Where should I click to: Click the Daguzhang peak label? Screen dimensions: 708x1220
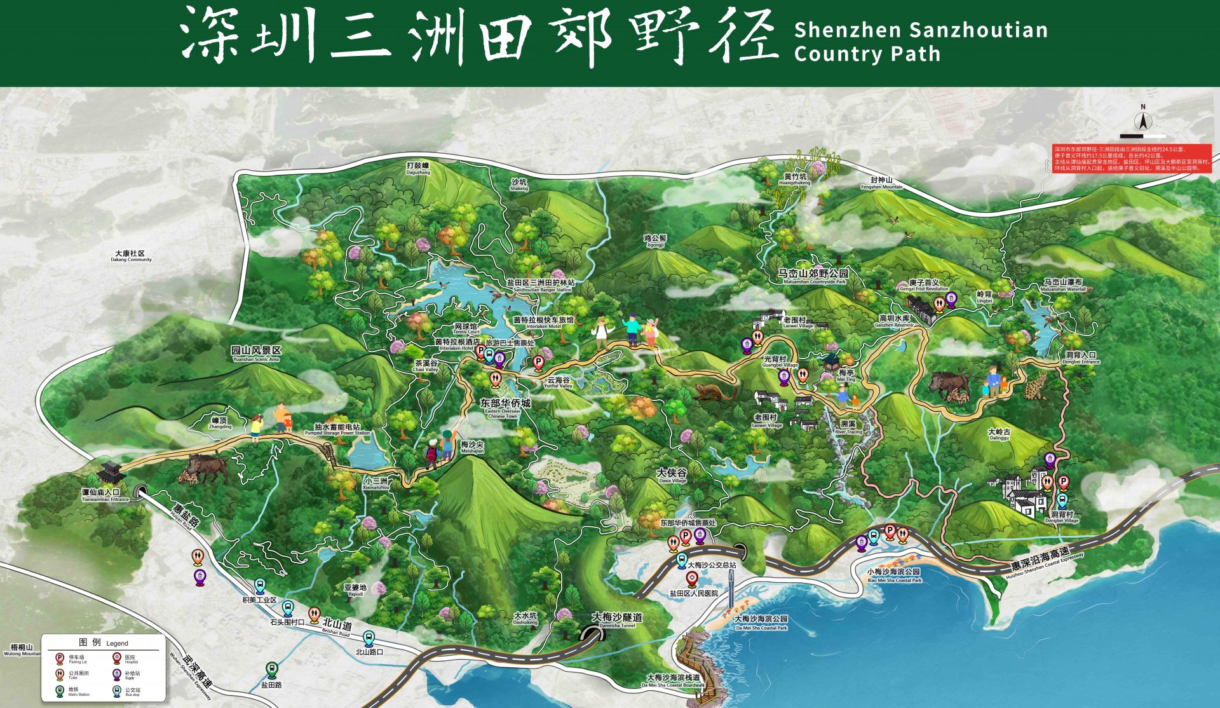(x=418, y=168)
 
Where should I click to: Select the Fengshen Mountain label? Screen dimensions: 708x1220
(x=881, y=183)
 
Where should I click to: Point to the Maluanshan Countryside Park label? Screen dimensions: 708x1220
(x=814, y=276)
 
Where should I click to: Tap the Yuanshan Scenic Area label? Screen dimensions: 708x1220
(x=256, y=353)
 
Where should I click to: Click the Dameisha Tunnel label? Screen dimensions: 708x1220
(x=617, y=619)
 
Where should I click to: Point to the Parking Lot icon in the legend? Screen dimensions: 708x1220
(x=60, y=658)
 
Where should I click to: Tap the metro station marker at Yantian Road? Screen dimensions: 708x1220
(x=272, y=669)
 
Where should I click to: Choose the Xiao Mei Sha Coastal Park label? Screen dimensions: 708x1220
(x=894, y=575)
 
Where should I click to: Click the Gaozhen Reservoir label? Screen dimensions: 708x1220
(x=894, y=320)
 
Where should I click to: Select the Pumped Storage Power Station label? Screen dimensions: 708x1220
(x=337, y=429)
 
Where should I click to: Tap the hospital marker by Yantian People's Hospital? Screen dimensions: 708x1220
(x=693, y=579)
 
